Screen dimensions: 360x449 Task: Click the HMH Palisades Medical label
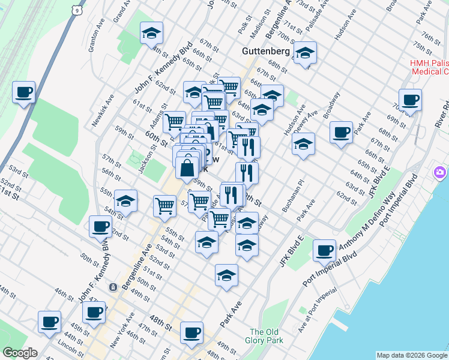click(429, 67)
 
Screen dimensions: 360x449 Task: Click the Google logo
click(20, 352)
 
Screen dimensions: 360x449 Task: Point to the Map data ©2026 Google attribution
click(411, 355)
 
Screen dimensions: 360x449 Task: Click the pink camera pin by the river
click(440, 173)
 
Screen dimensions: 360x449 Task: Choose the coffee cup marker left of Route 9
click(24, 92)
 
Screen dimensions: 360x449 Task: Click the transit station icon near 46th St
click(112, 287)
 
